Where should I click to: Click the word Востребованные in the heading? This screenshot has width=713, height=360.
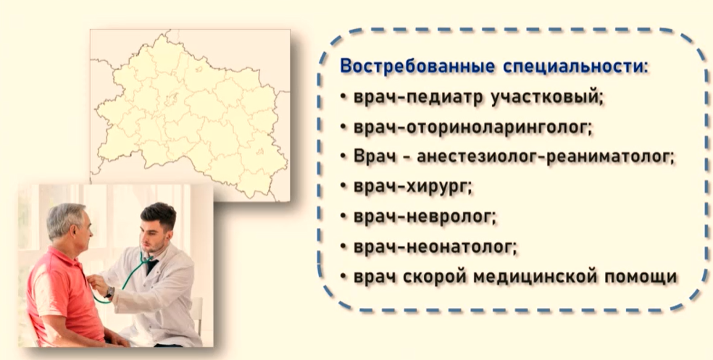(x=417, y=67)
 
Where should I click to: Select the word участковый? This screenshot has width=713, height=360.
(x=547, y=97)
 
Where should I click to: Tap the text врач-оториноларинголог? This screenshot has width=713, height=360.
(x=473, y=127)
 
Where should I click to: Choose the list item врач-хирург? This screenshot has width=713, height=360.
(x=413, y=187)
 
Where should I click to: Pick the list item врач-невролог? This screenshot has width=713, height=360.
(x=425, y=217)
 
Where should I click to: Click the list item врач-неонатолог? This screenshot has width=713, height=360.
(x=435, y=247)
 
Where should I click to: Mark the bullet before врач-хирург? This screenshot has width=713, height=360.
(x=343, y=187)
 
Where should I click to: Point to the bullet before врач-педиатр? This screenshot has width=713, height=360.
(x=343, y=97)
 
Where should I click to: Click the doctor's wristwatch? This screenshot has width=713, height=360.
(x=109, y=293)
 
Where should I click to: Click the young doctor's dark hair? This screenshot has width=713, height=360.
(x=159, y=215)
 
